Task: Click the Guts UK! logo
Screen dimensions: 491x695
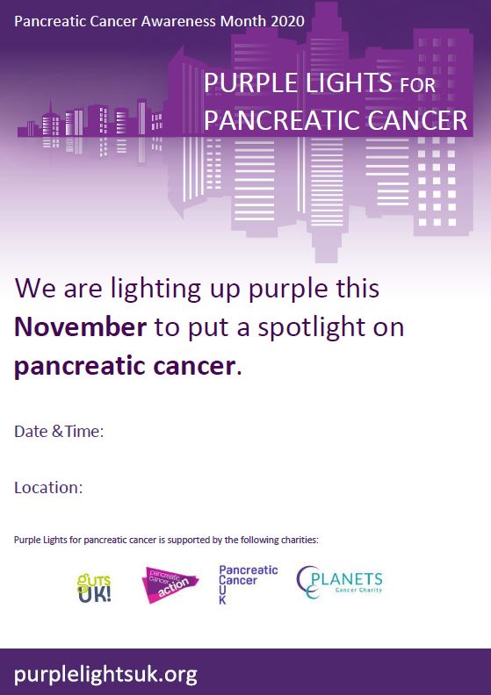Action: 94,588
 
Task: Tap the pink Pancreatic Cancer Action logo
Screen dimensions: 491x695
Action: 170,584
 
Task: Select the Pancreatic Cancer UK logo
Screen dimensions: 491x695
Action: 249,584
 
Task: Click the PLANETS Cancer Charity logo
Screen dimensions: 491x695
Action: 340,583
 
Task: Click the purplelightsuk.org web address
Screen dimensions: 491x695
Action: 105,675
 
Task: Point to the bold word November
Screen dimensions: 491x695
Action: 80,327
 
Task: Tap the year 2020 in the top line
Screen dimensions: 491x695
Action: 287,21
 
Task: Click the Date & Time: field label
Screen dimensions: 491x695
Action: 59,431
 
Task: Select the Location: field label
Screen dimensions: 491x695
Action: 48,488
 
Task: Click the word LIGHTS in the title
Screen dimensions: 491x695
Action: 349,82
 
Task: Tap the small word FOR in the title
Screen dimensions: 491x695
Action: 417,85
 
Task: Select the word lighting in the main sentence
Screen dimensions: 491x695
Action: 155,289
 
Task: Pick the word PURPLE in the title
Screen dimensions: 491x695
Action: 250,82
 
